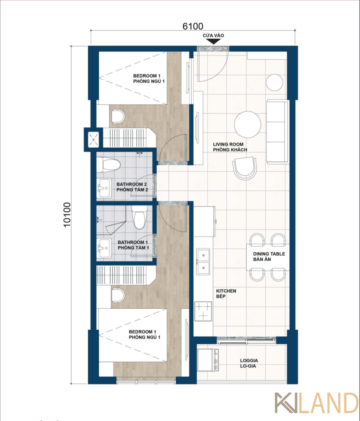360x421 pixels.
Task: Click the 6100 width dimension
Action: [193, 26]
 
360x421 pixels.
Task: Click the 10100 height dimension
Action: [67, 215]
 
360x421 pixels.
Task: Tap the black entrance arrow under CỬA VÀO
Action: [213, 42]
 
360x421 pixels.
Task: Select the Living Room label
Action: [230, 147]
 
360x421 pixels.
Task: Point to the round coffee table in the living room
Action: [247, 125]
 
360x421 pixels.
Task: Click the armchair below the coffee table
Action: [245, 168]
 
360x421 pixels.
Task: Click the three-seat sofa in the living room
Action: [277, 131]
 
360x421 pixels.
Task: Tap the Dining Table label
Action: [269, 257]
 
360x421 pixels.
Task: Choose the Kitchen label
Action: [226, 294]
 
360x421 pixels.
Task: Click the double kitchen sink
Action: [203, 261]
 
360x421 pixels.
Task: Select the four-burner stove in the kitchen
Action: [203, 311]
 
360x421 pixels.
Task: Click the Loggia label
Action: [249, 363]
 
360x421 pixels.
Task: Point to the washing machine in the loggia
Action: [207, 360]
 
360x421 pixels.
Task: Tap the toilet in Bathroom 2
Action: [109, 164]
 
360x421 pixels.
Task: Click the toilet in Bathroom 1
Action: [139, 217]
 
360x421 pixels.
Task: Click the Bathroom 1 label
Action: [133, 245]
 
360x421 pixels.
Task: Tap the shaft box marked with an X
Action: [93, 140]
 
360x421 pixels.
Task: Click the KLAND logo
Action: [317, 403]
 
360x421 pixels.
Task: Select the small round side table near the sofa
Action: [274, 82]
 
